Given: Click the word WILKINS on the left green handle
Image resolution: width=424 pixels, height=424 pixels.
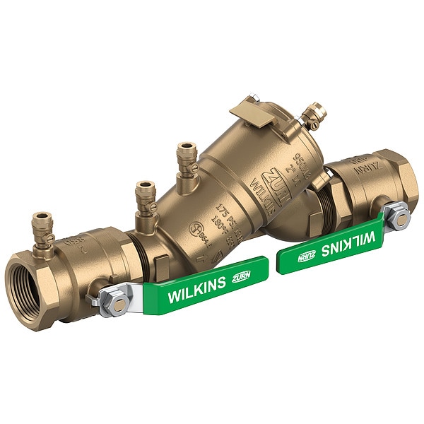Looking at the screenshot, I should click(x=196, y=290).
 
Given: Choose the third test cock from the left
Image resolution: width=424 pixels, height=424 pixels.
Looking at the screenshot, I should click(x=187, y=158).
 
